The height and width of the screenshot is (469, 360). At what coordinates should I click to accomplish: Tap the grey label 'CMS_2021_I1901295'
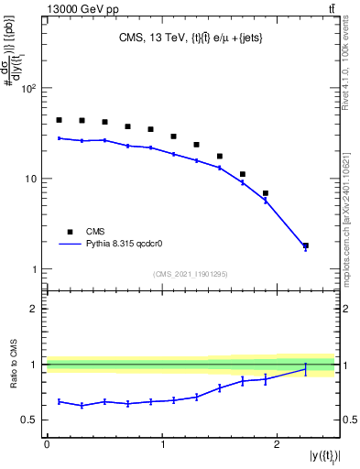(191, 274)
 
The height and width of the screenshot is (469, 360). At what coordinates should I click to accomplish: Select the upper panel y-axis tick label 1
(35, 269)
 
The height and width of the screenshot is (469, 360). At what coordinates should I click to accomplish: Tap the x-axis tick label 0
(47, 444)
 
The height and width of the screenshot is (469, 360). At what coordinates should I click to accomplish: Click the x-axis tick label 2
(278, 444)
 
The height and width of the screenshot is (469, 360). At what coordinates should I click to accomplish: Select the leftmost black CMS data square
(59, 120)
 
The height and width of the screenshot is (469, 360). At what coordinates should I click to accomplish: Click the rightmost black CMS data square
(305, 245)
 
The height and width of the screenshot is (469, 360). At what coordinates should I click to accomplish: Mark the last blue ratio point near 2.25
(305, 369)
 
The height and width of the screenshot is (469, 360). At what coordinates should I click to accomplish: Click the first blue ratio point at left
(59, 401)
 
